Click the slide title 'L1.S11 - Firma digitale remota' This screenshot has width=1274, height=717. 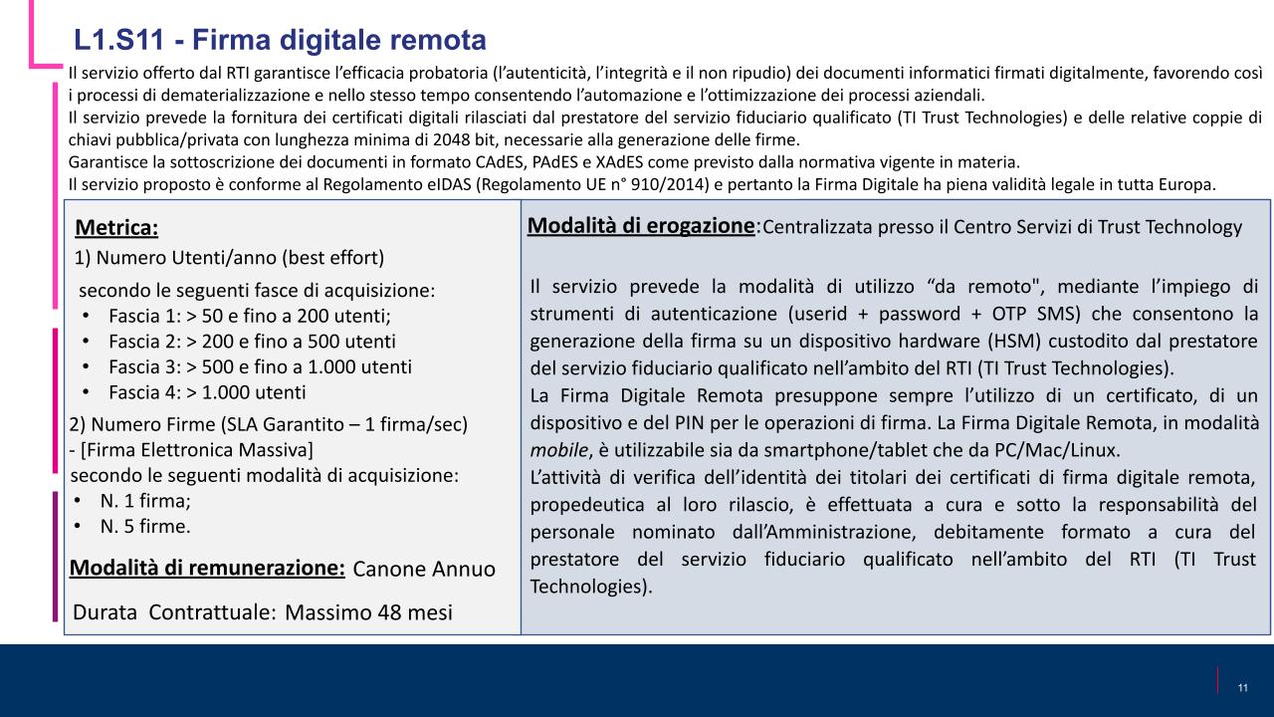pos(280,40)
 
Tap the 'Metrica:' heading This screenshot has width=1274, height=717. pos(116,228)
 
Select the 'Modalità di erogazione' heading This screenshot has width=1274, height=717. pos(641,225)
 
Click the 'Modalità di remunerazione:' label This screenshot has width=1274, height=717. pos(207,568)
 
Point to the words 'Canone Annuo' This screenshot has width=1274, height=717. pos(424,569)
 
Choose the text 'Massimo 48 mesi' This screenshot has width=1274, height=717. pos(368,611)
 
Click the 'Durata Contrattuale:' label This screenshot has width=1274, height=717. pos(174,611)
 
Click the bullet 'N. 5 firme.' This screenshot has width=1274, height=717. pos(145,525)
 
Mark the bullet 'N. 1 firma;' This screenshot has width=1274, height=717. pos(145,500)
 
